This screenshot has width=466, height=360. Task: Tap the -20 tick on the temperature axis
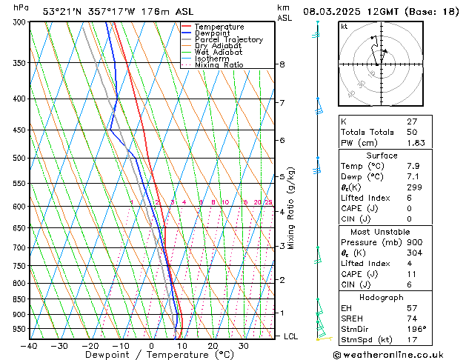tap(90, 346)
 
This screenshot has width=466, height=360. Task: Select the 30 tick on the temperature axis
tap(243, 346)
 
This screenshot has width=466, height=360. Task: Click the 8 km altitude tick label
tap(282, 64)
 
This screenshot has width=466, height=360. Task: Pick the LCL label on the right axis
tap(291, 336)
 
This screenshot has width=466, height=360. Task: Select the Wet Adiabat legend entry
tap(217, 53)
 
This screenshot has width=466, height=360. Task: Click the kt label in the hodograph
tap(344, 26)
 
